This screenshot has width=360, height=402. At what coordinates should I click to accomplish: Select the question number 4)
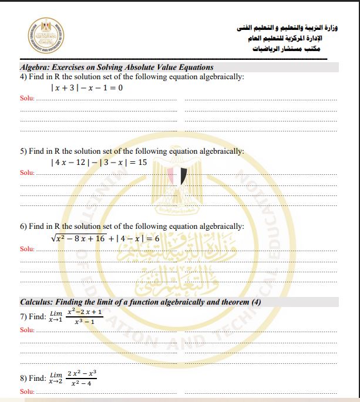tap(24, 77)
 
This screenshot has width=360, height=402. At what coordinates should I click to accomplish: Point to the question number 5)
tap(24, 151)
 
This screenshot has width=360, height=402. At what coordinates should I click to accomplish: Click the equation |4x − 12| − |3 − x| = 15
tap(99, 161)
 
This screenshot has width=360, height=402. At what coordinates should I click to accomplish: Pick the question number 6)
tap(24, 226)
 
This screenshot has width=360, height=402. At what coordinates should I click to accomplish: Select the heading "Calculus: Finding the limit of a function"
tap(140, 302)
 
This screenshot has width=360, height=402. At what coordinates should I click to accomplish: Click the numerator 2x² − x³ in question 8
tap(81, 374)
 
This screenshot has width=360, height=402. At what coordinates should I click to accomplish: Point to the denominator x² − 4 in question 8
tap(81, 383)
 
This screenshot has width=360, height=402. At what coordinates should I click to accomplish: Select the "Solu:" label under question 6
tap(27, 248)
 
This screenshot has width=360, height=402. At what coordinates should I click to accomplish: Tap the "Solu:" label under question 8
tap(27, 391)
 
